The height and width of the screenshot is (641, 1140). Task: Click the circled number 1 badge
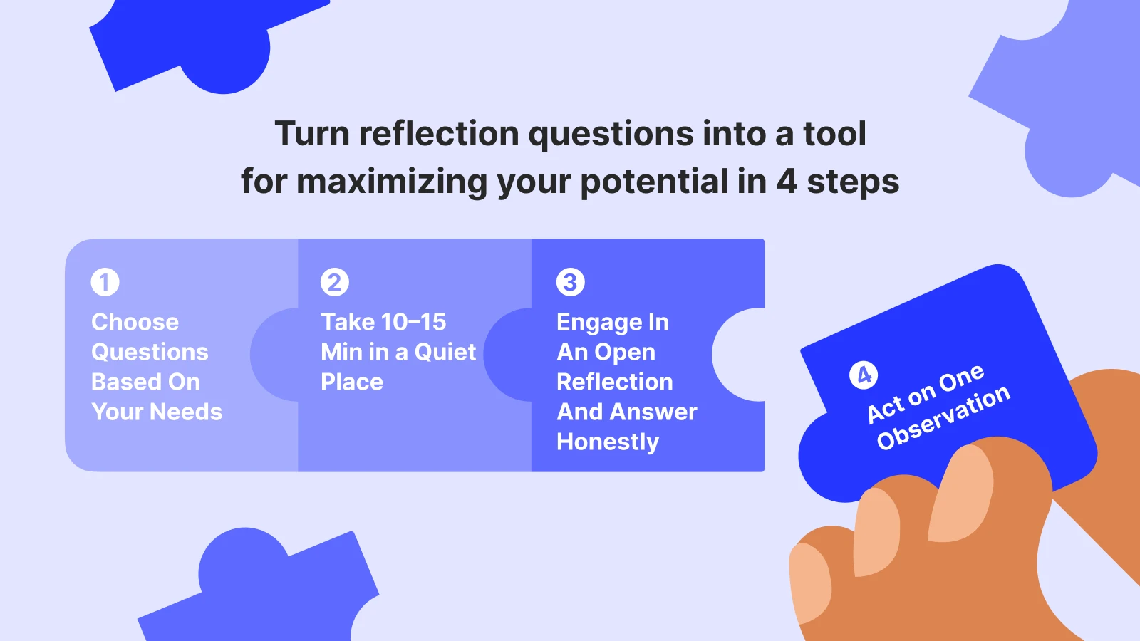pos(105,282)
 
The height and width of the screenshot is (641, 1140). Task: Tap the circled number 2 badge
pos(335,282)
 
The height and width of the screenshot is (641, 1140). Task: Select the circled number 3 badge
pos(570,282)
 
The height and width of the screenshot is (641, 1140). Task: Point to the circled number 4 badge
pos(864,375)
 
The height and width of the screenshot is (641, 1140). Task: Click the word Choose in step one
pos(135,322)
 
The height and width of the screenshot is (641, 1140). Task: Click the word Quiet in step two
pos(445,352)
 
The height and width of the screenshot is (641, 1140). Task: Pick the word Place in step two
pos(352,382)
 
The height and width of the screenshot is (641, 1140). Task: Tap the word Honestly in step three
pos(608,442)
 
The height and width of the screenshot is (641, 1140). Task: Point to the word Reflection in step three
pos(614,382)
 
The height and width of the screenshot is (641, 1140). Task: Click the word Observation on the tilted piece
pos(943,418)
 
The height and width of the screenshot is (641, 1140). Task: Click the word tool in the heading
pos(834,134)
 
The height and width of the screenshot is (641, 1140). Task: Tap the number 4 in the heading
pos(786,182)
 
